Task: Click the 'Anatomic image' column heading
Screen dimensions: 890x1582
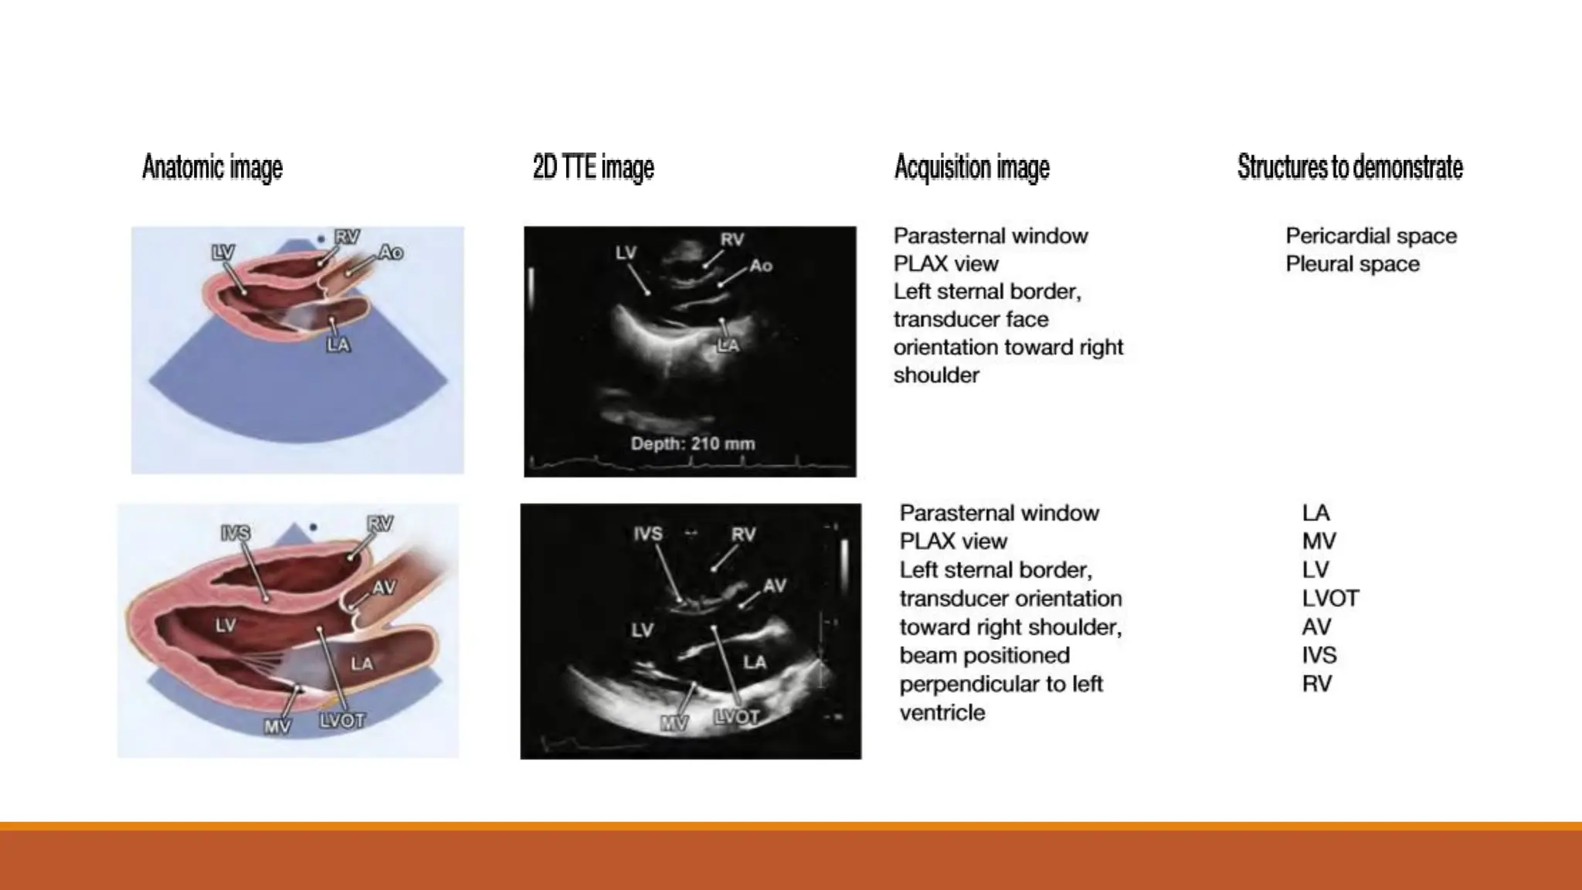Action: click(x=212, y=168)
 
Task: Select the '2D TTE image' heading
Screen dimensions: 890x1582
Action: click(x=593, y=168)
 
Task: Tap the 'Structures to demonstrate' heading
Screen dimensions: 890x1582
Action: click(x=1349, y=168)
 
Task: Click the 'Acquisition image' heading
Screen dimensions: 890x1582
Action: click(x=972, y=168)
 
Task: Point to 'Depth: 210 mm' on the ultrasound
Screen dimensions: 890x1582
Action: click(x=693, y=443)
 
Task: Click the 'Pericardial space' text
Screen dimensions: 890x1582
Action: click(x=1371, y=236)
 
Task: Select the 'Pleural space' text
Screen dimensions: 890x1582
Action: click(x=1353, y=263)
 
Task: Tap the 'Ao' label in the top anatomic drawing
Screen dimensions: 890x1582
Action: click(x=391, y=253)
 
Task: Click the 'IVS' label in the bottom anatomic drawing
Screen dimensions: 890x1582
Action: click(x=235, y=533)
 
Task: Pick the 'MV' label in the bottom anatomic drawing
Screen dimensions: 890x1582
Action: click(x=277, y=726)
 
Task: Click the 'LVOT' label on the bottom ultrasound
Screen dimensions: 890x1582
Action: click(x=736, y=717)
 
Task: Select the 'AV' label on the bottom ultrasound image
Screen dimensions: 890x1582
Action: click(x=774, y=586)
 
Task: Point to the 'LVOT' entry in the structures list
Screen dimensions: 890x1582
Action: click(x=1329, y=598)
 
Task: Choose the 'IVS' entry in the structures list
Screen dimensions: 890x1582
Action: click(x=1319, y=655)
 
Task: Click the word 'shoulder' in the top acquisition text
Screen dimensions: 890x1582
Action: click(x=936, y=375)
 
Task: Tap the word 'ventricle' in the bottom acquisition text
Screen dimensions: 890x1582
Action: click(x=942, y=712)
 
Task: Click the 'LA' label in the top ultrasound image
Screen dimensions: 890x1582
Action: click(x=728, y=345)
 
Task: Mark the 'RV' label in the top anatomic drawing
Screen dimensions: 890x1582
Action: click(x=347, y=237)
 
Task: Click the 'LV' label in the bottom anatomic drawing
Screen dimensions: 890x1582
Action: click(x=226, y=624)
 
